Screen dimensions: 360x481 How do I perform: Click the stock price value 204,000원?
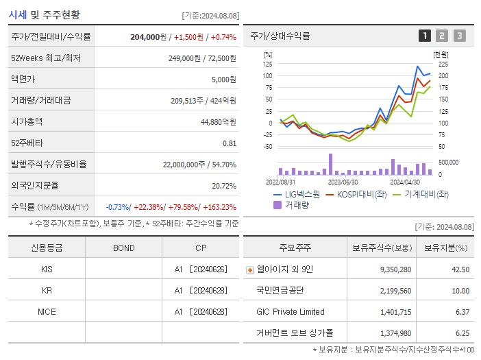(148, 37)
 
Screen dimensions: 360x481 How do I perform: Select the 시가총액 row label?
(27, 122)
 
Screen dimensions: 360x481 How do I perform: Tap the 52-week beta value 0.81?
(229, 143)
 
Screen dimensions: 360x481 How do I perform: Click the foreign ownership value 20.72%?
(224, 186)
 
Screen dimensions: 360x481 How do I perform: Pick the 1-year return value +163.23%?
(218, 207)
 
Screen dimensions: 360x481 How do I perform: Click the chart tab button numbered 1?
(425, 36)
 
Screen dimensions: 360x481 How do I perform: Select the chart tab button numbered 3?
(459, 36)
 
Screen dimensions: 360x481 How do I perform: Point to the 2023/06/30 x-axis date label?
(343, 182)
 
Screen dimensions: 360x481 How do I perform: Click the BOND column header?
(123, 248)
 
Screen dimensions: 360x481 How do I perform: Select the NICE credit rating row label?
(47, 311)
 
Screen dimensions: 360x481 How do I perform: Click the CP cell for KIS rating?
(200, 269)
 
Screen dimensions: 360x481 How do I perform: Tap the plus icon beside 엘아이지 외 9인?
(249, 269)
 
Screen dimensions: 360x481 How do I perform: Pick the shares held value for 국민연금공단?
(395, 291)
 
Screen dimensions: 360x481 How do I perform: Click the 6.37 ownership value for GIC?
(461, 312)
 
